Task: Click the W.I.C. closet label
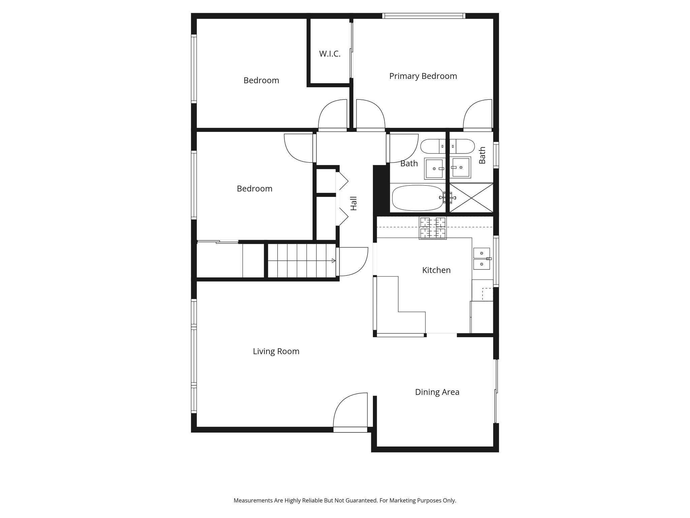tap(330, 54)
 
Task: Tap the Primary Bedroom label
tap(423, 76)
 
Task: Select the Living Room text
tap(276, 351)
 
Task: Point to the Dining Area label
tap(437, 392)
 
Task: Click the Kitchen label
tap(436, 270)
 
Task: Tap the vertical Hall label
tap(353, 203)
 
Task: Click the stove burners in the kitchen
tap(433, 228)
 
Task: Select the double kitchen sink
tap(481, 259)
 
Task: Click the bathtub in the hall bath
tap(417, 198)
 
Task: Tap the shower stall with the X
tap(471, 198)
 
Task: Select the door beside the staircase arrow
tap(352, 261)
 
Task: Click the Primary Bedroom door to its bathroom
tap(477, 115)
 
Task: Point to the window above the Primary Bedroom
tap(424, 16)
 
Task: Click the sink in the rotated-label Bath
tap(461, 167)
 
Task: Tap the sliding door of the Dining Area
tap(496, 391)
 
